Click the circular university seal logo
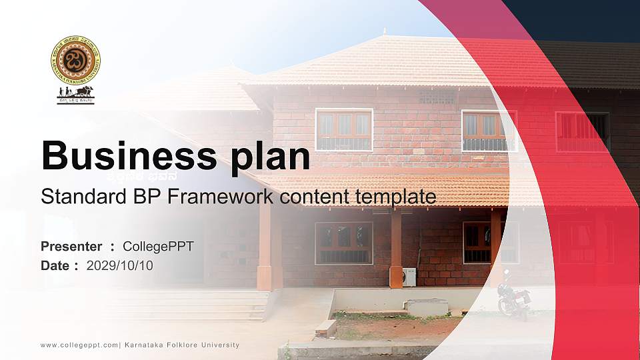point(75,60)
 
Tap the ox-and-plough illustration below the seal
point(75,94)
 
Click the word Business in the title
point(124,156)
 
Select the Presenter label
point(71,247)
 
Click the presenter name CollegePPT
point(158,247)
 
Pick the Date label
point(55,265)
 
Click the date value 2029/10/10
point(120,265)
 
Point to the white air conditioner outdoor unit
point(409,277)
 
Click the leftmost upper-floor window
point(344,130)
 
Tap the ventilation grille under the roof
point(437,98)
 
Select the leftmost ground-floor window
point(344,243)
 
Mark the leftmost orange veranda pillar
point(265,247)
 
